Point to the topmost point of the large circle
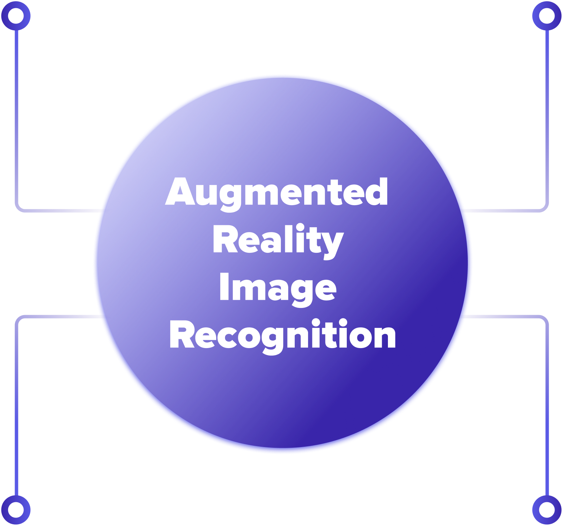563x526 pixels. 282,78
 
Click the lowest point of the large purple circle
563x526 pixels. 282,448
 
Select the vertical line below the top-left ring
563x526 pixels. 16,116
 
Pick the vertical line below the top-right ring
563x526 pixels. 547,116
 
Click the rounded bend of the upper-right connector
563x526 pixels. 544,208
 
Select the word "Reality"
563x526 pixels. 279,242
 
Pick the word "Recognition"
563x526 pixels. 283,337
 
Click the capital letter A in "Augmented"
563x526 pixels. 180,191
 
